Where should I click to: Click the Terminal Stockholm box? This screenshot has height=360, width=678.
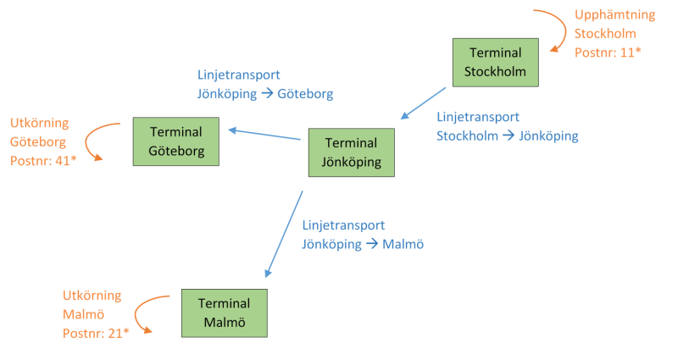pos(495,64)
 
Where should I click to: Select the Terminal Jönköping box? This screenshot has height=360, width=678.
pos(352,152)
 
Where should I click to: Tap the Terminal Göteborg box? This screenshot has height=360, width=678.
pos(175,141)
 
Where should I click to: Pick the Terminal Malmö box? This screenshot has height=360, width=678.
pos(224,313)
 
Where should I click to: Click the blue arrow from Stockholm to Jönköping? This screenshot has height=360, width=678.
pos(423,103)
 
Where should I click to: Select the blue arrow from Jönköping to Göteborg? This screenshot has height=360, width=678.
pos(265,134)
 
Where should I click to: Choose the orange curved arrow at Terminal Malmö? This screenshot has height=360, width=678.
pos(144,313)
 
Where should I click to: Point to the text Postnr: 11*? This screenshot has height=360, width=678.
pos(608,53)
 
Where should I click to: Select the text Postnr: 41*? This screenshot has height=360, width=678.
pos(43,159)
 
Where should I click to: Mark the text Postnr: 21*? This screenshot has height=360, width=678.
pos(96,333)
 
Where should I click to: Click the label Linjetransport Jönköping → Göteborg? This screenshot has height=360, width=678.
pos(265,84)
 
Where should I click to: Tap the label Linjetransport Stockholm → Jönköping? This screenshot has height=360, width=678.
pos(507,126)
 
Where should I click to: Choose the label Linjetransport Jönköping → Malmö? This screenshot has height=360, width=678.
pos(362,235)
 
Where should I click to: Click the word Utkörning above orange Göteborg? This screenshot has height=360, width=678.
pos(39,123)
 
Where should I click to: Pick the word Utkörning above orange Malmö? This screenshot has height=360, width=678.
pos(92,296)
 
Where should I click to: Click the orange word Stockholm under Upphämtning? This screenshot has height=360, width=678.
pos(605,34)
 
